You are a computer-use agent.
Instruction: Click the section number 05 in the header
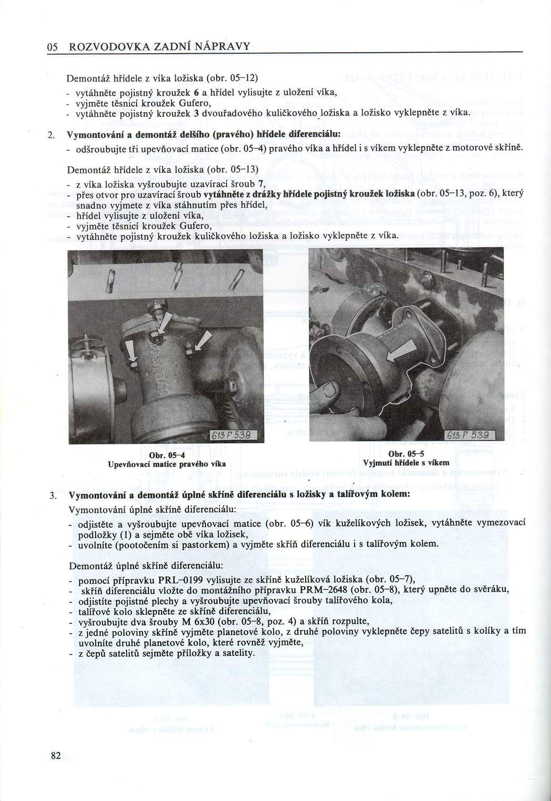[x=52, y=47]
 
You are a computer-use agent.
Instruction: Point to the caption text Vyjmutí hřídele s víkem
[x=406, y=463]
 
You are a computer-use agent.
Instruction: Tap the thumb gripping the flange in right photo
[x=326, y=392]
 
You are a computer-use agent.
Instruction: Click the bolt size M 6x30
[x=198, y=621]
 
